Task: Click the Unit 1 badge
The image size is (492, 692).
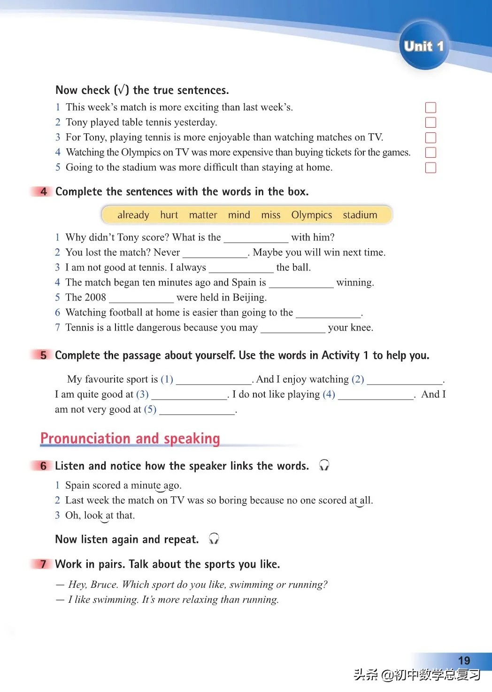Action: click(x=423, y=46)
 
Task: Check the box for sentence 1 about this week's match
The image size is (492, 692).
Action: click(x=430, y=108)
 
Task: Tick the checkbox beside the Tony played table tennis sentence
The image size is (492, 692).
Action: click(x=430, y=123)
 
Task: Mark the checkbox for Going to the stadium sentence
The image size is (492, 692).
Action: click(x=430, y=168)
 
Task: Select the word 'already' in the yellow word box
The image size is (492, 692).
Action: click(x=133, y=215)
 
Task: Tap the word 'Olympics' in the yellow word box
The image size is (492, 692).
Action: click(x=311, y=215)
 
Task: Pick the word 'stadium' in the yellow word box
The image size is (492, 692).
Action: click(x=360, y=215)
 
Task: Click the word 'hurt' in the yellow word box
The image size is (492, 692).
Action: click(x=169, y=215)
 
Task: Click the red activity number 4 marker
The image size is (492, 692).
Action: click(x=43, y=192)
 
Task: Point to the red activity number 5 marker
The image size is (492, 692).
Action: click(x=43, y=355)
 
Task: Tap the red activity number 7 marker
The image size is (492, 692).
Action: click(x=43, y=564)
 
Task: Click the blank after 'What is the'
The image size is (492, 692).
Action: click(x=256, y=238)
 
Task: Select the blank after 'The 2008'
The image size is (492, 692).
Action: click(x=141, y=299)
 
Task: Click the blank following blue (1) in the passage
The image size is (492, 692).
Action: click(x=214, y=380)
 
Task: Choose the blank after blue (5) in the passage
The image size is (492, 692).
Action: click(x=197, y=410)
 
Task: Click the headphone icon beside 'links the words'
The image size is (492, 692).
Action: click(x=324, y=465)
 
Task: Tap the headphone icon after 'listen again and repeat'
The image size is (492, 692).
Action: click(x=214, y=538)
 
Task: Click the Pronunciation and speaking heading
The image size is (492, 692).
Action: click(x=130, y=438)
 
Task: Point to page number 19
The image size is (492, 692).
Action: click(x=464, y=661)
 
